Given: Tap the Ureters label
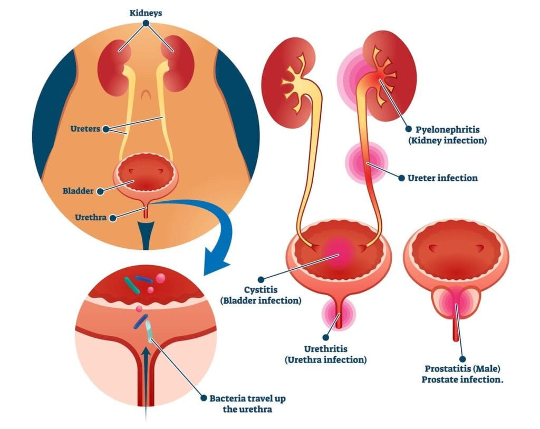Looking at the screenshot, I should point(86,129).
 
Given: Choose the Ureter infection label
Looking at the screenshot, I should point(442,178).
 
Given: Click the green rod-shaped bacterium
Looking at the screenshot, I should point(132,285).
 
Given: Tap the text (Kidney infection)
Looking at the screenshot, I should point(451,141).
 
